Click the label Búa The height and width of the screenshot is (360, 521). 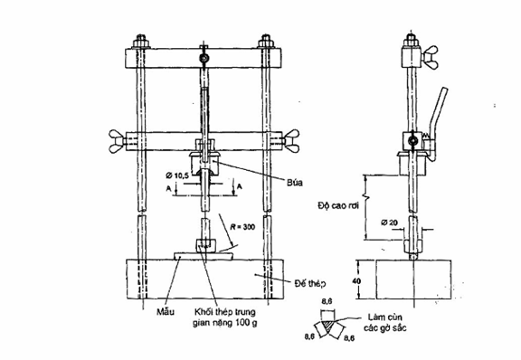[x=295, y=182]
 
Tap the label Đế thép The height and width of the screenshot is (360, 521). [x=309, y=283]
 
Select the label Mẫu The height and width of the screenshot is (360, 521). [x=166, y=312]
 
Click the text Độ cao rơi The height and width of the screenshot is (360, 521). [x=338, y=205]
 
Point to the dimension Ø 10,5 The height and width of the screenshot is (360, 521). [x=177, y=175]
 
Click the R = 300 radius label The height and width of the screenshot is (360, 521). [x=242, y=227]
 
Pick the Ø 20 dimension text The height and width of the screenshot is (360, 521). [x=389, y=222]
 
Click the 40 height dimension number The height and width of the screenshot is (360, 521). [x=355, y=281]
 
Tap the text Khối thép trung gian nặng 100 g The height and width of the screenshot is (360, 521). [x=225, y=317]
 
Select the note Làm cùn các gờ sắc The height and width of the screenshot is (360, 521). [x=384, y=322]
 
